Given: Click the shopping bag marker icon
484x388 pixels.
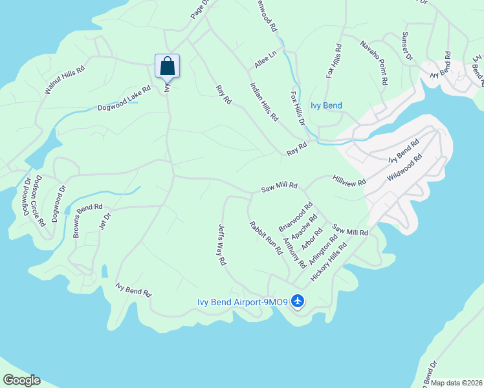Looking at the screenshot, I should tap(167, 66).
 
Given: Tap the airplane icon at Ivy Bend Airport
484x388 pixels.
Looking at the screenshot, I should tap(298, 301).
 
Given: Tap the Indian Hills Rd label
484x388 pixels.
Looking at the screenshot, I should tap(264, 102).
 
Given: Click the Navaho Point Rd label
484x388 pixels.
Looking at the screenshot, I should tap(374, 63).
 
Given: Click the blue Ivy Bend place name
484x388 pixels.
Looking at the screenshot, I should tap(326, 105).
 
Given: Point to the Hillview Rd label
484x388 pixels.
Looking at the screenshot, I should tap(349, 179).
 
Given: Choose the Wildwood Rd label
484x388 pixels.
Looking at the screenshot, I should tap(405, 167).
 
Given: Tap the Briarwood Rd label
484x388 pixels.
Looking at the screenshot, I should tap(296, 217).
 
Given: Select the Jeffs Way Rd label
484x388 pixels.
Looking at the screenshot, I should tap(221, 245).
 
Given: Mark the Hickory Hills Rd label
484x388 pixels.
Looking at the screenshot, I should tap(329, 261).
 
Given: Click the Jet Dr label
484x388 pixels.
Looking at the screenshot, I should tap(101, 222).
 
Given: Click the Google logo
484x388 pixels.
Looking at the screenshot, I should tap(21, 380).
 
